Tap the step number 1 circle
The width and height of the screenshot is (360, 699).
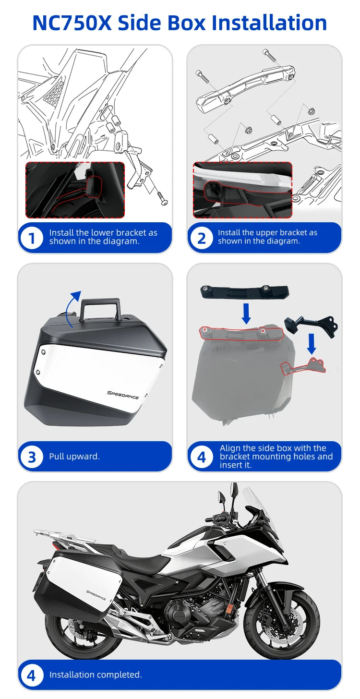point(32,238)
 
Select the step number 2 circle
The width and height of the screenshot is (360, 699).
point(201,238)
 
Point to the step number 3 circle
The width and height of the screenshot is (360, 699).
point(32,457)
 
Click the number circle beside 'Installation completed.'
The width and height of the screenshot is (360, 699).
point(32,675)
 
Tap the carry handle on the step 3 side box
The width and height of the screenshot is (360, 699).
point(100,309)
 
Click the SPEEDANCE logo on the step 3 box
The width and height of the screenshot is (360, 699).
point(122,395)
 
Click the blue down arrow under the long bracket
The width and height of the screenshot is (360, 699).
point(246,313)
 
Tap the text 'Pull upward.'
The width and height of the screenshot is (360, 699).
point(74,457)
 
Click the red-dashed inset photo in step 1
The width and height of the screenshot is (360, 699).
point(75,190)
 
